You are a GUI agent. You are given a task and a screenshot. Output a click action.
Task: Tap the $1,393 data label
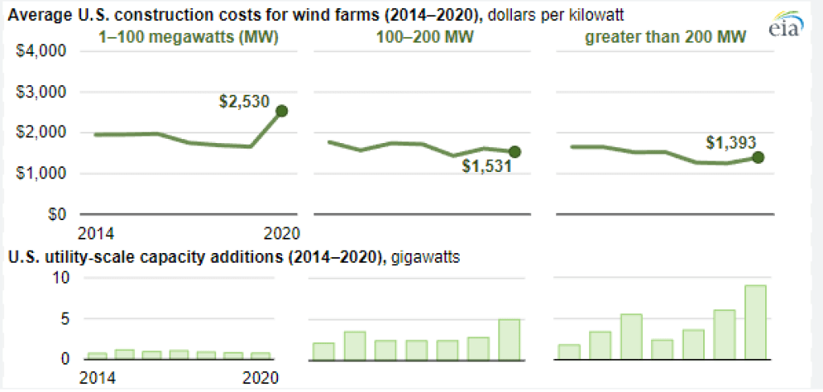click(x=732, y=142)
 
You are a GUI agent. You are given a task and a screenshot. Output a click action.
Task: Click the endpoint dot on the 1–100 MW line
click(x=281, y=111)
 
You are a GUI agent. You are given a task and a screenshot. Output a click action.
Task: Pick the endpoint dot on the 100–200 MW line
click(x=515, y=152)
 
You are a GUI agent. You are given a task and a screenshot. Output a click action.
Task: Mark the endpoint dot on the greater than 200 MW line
click(x=758, y=157)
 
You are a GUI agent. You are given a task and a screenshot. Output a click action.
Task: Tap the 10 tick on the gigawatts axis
click(x=63, y=278)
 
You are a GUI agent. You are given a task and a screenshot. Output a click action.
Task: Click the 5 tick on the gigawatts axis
click(x=67, y=319)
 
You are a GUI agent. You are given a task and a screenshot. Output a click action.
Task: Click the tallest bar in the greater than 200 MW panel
click(x=755, y=322)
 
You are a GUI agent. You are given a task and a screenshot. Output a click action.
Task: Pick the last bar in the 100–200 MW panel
click(x=509, y=339)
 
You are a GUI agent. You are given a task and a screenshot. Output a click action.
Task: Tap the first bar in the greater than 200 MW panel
click(x=568, y=352)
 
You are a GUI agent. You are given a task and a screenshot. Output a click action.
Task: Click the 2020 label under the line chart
click(x=282, y=234)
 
